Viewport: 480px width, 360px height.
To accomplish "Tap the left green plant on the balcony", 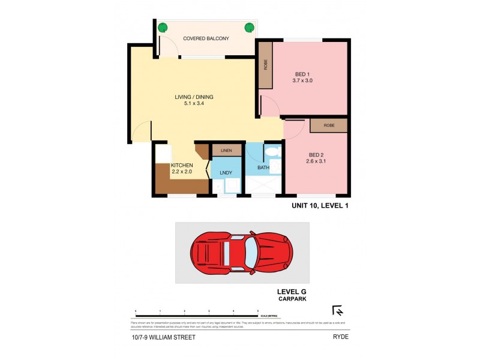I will pos(161,27).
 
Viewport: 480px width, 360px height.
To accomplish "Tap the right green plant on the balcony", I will pos(248,27).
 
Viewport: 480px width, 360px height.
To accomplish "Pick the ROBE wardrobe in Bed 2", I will pos(328,125).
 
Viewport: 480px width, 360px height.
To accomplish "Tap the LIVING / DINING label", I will pos(194,97).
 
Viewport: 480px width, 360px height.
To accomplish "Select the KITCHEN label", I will pos(182,166).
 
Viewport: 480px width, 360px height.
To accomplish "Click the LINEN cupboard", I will pos(226,150).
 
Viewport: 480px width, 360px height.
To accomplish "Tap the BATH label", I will pos(263,167).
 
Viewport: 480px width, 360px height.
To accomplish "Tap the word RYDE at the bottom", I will pos(340,337).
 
